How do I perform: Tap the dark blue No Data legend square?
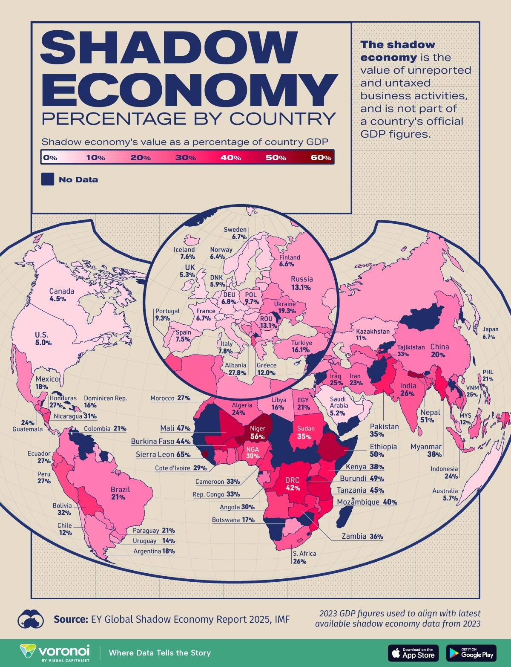click(x=47, y=179)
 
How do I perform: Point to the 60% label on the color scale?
click(x=321, y=158)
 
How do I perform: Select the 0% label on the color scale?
click(x=50, y=158)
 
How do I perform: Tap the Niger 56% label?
click(x=258, y=432)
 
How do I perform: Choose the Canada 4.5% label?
click(x=61, y=295)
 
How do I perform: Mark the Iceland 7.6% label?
click(x=184, y=253)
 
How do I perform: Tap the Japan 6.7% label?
click(x=490, y=333)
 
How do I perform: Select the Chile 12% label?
click(x=65, y=529)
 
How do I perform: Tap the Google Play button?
click(x=471, y=653)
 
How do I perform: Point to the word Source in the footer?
click(x=70, y=619)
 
